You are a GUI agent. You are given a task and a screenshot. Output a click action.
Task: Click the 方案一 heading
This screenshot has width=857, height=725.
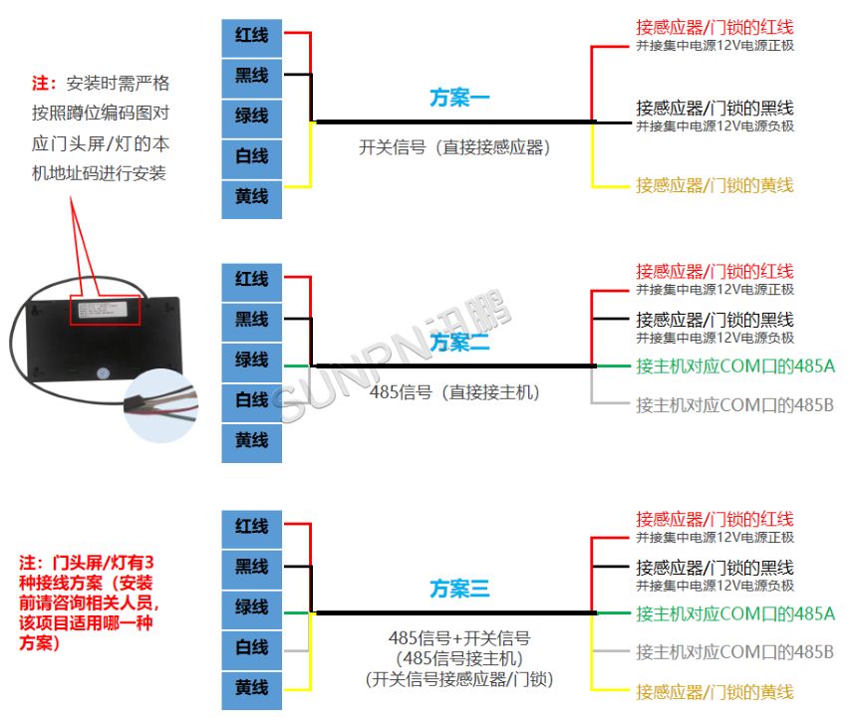coord(459,98)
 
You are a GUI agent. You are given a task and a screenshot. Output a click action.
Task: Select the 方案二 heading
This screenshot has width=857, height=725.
coord(459,343)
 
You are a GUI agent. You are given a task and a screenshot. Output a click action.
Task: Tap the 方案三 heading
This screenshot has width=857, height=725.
coord(459,590)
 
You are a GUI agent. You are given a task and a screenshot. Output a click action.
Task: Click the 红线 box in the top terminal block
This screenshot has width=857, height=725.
coord(251,35)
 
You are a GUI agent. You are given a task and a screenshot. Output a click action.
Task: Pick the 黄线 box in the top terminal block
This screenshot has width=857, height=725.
coord(251,197)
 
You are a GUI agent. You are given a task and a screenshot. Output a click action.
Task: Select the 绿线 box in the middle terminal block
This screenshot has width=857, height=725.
coord(251,360)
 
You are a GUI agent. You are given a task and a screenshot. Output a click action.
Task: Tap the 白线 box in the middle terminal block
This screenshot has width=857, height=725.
coord(251,400)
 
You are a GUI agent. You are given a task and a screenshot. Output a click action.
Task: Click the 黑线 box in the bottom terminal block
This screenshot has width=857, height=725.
coord(251,567)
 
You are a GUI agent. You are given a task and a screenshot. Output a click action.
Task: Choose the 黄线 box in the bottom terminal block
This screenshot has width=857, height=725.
coord(251,688)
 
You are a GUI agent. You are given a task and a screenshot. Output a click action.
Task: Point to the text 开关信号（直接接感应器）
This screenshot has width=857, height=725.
coord(454,147)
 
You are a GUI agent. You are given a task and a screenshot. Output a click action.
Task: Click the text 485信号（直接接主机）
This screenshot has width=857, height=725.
coord(454,392)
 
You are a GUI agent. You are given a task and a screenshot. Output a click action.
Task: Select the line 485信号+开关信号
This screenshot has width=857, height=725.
coord(458,637)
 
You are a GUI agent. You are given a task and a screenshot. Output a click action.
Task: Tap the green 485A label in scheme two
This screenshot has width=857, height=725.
coord(735,366)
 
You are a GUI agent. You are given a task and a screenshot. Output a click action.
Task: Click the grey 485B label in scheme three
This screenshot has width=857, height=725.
coord(735,652)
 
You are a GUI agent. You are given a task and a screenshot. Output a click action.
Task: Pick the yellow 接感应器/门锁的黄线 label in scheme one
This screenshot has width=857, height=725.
coord(714,184)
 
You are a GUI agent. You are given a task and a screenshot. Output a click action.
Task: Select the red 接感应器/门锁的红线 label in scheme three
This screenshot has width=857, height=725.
coord(714,519)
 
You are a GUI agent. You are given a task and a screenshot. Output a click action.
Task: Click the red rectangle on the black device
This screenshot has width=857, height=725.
coord(105,309)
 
